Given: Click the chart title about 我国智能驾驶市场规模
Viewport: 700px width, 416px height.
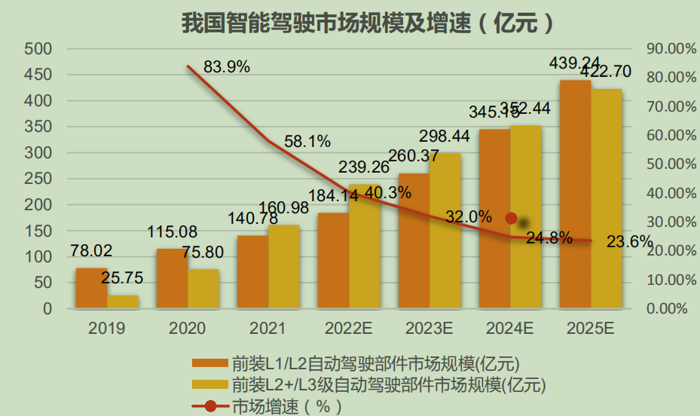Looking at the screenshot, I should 368,22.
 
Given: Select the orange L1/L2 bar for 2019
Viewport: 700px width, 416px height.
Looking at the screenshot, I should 91,289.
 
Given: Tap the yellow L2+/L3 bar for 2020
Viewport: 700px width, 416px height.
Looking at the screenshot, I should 203,289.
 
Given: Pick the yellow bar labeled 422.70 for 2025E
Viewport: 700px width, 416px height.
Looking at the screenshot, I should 607,200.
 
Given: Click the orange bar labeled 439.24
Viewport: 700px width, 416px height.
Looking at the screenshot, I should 575,194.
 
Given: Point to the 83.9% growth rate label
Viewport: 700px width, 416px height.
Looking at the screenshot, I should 226,66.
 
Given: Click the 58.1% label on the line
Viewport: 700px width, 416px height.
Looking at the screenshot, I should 307,141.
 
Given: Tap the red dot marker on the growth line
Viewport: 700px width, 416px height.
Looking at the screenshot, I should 511,219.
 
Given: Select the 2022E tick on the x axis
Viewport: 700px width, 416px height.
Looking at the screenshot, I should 349,329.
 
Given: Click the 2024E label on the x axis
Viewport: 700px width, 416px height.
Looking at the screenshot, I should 510,329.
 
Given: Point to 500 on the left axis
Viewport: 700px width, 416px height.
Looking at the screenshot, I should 38,49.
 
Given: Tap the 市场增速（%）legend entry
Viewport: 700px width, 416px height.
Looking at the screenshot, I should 286,406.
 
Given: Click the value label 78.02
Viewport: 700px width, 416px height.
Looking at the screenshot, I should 90,249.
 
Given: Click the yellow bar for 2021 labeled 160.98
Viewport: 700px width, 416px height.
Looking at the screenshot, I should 284,267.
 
